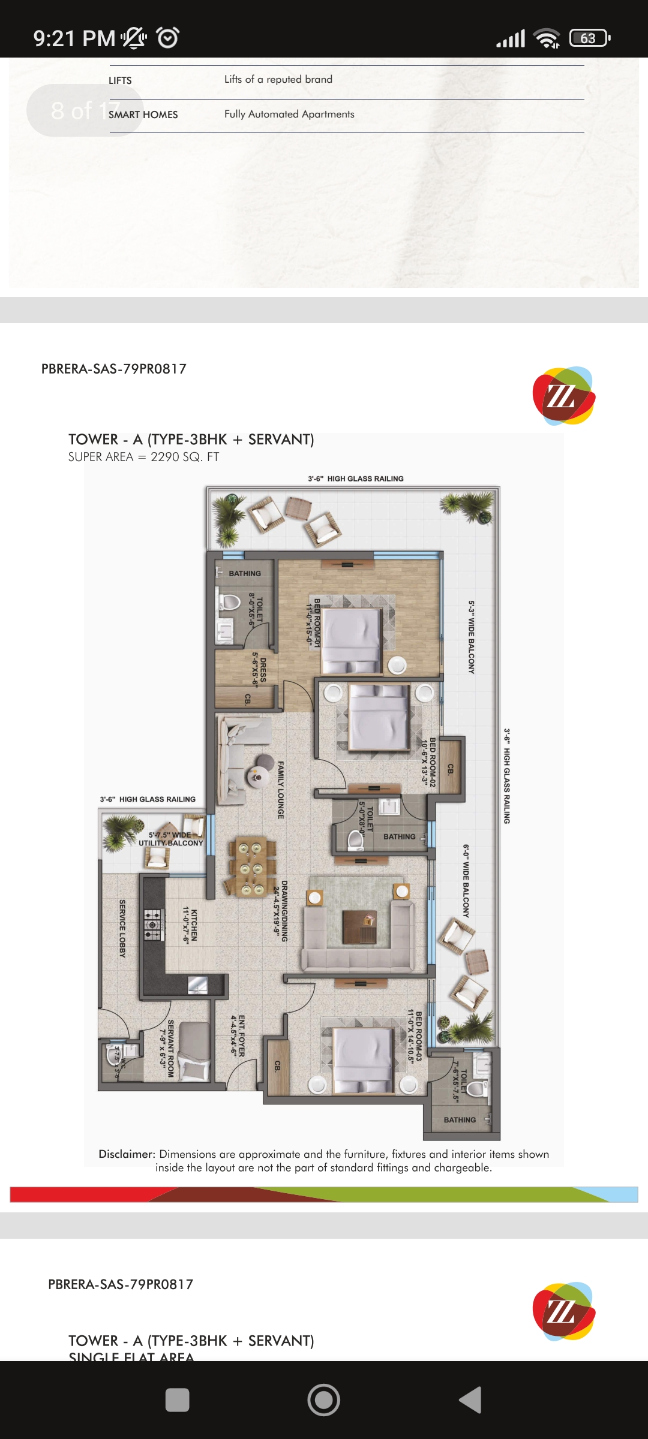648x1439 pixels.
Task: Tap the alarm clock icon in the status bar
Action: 167,38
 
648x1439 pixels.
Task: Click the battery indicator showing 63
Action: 589,38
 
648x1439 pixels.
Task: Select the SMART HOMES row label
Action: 143,115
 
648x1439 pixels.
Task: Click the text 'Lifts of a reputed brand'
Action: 278,79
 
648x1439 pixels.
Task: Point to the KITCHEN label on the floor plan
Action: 190,926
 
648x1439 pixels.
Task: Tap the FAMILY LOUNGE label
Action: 281,790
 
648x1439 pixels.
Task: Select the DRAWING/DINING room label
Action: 281,910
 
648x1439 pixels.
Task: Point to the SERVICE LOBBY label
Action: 122,928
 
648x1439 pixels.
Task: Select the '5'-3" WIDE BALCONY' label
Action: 472,637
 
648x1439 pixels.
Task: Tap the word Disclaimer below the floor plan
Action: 127,1154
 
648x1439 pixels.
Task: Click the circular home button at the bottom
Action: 323,1400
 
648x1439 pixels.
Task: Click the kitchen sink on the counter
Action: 197,985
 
